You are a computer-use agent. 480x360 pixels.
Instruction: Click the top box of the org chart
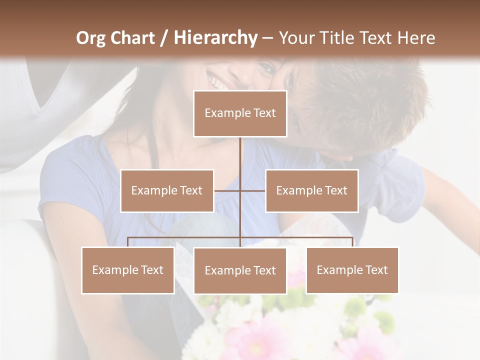[x=240, y=113]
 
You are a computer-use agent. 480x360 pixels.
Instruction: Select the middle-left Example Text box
[x=167, y=190]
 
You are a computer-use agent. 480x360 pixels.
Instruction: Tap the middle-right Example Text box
[x=311, y=190]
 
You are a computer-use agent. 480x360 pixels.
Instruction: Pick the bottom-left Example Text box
[x=128, y=270]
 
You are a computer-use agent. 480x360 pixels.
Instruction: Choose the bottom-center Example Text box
[x=240, y=270]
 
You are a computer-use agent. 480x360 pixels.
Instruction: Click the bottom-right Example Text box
[x=352, y=270]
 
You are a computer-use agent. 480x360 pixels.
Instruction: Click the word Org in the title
[x=90, y=38]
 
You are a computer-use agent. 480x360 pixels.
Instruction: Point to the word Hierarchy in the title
[x=215, y=38]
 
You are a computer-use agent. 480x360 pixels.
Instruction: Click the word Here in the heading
[x=416, y=38]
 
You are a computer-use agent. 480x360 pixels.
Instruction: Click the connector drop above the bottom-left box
[x=128, y=242]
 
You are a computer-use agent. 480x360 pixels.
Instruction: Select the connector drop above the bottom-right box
[x=352, y=242]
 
